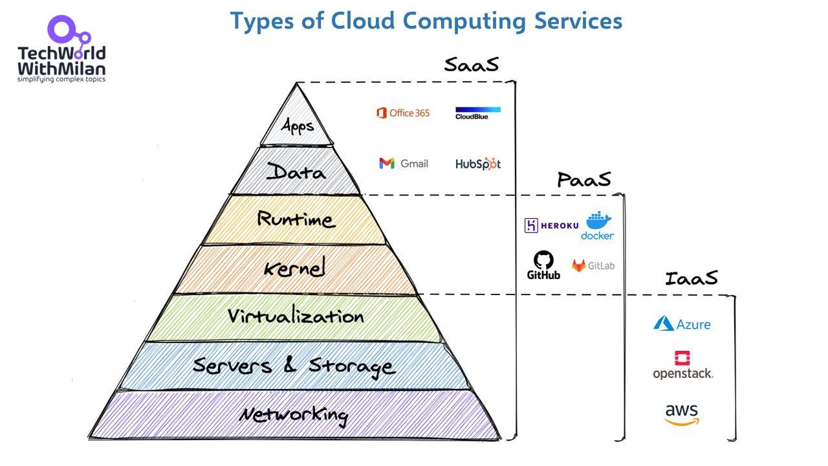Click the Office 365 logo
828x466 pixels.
click(x=402, y=113)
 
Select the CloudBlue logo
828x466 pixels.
click(x=477, y=113)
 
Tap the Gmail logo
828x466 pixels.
click(x=404, y=164)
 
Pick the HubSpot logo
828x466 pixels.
click(x=477, y=164)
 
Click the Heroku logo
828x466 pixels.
click(x=551, y=225)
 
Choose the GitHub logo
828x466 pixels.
click(x=543, y=265)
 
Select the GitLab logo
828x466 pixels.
click(x=593, y=265)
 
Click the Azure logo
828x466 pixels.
click(x=682, y=324)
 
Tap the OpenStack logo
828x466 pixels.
click(x=682, y=366)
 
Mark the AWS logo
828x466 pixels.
click(x=682, y=415)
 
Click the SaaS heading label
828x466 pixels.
click(x=471, y=65)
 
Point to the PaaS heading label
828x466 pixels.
click(x=583, y=179)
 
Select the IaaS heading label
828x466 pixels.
click(x=691, y=278)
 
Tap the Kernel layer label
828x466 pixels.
click(x=294, y=267)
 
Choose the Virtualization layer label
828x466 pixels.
click(x=295, y=316)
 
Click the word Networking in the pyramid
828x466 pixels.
click(x=293, y=414)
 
